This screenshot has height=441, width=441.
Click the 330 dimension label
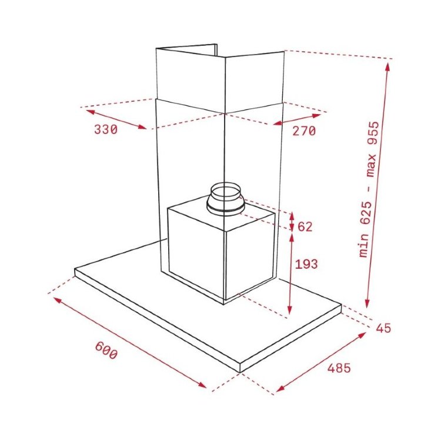click(106, 130)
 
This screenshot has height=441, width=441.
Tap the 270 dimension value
click(304, 131)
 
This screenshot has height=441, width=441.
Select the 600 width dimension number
click(106, 350)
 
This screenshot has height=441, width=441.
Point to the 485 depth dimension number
click(339, 368)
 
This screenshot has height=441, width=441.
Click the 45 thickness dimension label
click(383, 328)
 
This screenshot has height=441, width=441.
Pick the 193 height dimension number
click(306, 264)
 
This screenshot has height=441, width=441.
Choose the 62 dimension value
click(305, 227)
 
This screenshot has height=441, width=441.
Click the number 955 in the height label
click(373, 133)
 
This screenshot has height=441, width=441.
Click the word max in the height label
click(372, 165)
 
